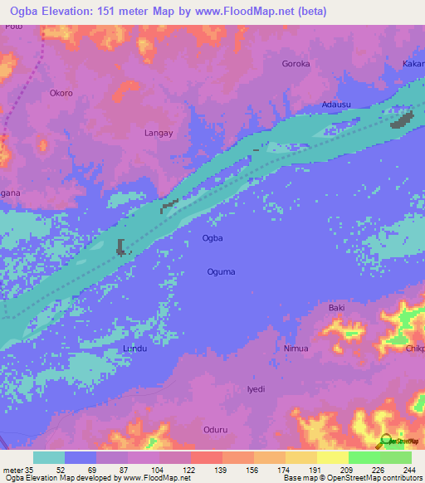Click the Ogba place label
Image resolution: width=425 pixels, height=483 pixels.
click(212, 238)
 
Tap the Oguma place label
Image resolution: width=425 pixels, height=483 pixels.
click(221, 271)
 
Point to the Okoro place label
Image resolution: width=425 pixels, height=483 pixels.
click(61, 93)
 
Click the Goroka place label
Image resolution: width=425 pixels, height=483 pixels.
click(296, 64)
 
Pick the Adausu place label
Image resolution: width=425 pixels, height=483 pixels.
click(336, 105)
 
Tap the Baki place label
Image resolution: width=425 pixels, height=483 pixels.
click(336, 308)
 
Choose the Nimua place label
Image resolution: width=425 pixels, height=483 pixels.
click(296, 349)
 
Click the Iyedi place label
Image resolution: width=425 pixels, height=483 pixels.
click(256, 388)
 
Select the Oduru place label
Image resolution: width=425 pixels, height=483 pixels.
click(215, 429)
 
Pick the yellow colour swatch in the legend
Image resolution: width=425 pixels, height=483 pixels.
click(333, 457)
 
